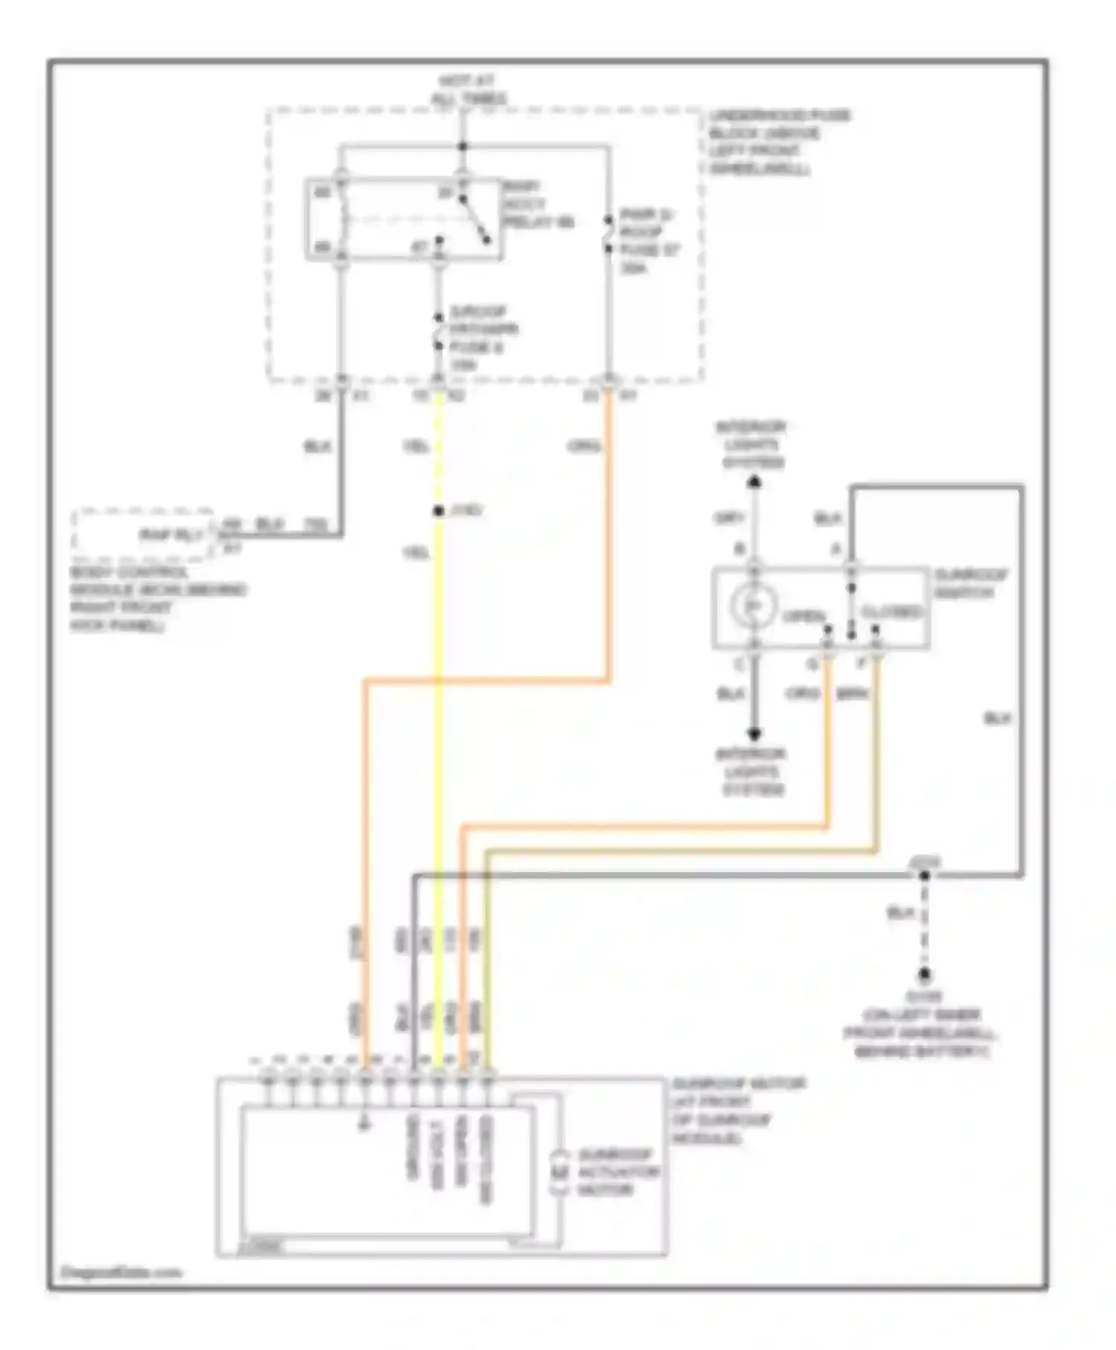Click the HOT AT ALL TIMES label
[x=468, y=89]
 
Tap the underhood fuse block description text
[x=777, y=142]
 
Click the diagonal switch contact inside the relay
[x=474, y=220]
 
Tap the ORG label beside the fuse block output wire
[x=584, y=447]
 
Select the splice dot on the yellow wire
[x=438, y=511]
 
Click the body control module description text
[x=156, y=598]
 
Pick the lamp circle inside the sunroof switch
[x=754, y=607]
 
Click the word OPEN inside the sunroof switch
[x=804, y=617]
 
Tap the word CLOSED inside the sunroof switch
[x=891, y=612]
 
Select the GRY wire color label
[x=729, y=518]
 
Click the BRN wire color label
[x=853, y=694]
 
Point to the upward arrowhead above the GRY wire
[x=754, y=482]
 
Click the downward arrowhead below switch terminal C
[x=754, y=734]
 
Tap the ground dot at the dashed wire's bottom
[x=924, y=973]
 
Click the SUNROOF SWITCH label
[x=971, y=583]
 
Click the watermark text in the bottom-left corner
[x=121, y=1272]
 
